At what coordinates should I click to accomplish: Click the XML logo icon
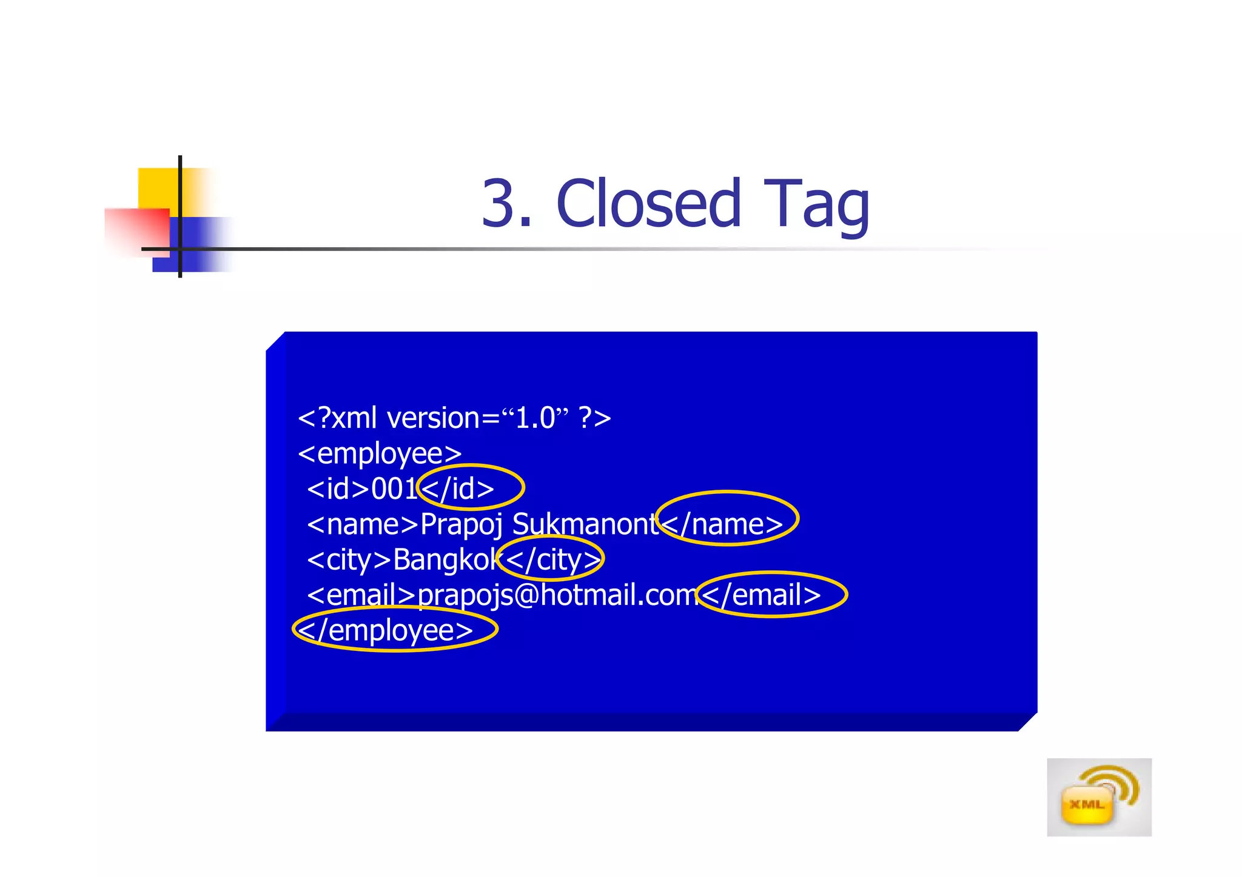click(1098, 797)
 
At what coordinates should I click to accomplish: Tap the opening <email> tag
click(361, 595)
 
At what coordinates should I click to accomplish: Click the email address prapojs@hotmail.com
click(558, 595)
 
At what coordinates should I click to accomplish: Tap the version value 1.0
click(535, 418)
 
